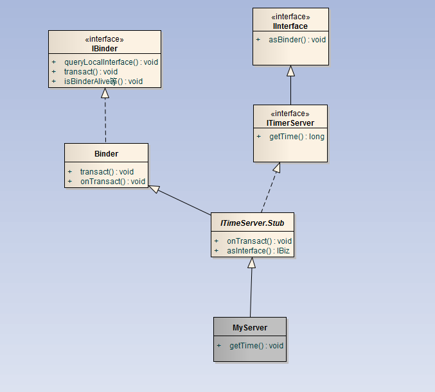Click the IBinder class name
[x=105, y=48]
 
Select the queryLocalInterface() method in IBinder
[x=111, y=62]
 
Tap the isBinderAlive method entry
[x=103, y=81]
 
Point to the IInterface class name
[x=290, y=26]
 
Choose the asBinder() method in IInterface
[x=297, y=40]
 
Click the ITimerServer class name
[x=290, y=123]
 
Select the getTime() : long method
[x=296, y=137]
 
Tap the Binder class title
[x=106, y=154]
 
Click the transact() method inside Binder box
[x=107, y=172]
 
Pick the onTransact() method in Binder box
[x=112, y=182]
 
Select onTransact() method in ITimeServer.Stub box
[x=259, y=241]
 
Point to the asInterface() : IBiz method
[x=259, y=251]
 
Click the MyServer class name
[x=250, y=327]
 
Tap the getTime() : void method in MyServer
[x=256, y=346]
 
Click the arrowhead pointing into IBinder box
[x=105, y=93]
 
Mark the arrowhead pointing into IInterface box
[x=290, y=71]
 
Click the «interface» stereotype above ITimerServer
[x=290, y=114]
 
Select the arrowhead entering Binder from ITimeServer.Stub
[x=154, y=189]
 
